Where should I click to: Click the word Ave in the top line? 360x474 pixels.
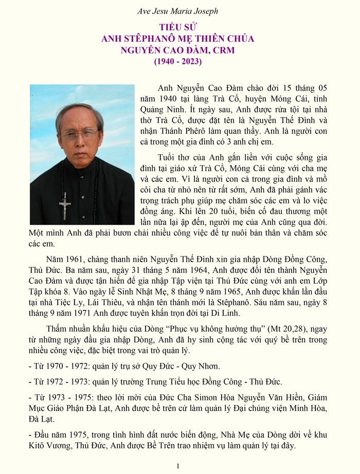point(146,11)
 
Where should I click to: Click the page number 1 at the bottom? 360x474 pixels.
point(177,466)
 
